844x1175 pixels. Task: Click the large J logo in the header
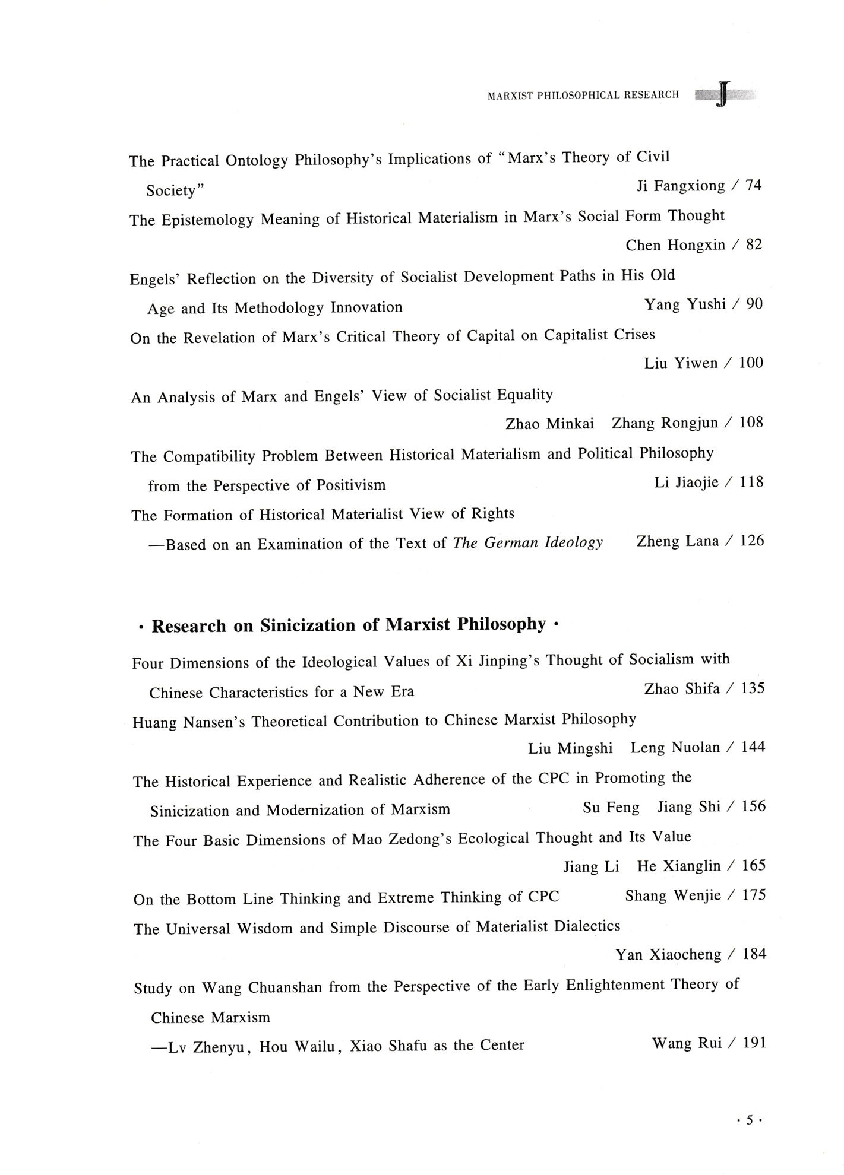722,95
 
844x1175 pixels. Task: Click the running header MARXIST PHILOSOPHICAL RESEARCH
583,95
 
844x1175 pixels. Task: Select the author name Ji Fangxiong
681,186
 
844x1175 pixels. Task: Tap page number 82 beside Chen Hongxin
754,244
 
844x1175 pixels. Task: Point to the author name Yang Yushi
685,304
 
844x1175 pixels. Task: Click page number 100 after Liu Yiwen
751,363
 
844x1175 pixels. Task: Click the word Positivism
350,485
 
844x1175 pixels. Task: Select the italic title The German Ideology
527,542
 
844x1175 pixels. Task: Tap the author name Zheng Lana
678,541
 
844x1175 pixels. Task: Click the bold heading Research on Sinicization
349,625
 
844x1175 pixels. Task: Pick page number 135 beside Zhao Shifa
753,688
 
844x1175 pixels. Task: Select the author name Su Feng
611,808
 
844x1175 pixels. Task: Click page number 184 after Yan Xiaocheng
754,954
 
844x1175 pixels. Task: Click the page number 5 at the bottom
749,1120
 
